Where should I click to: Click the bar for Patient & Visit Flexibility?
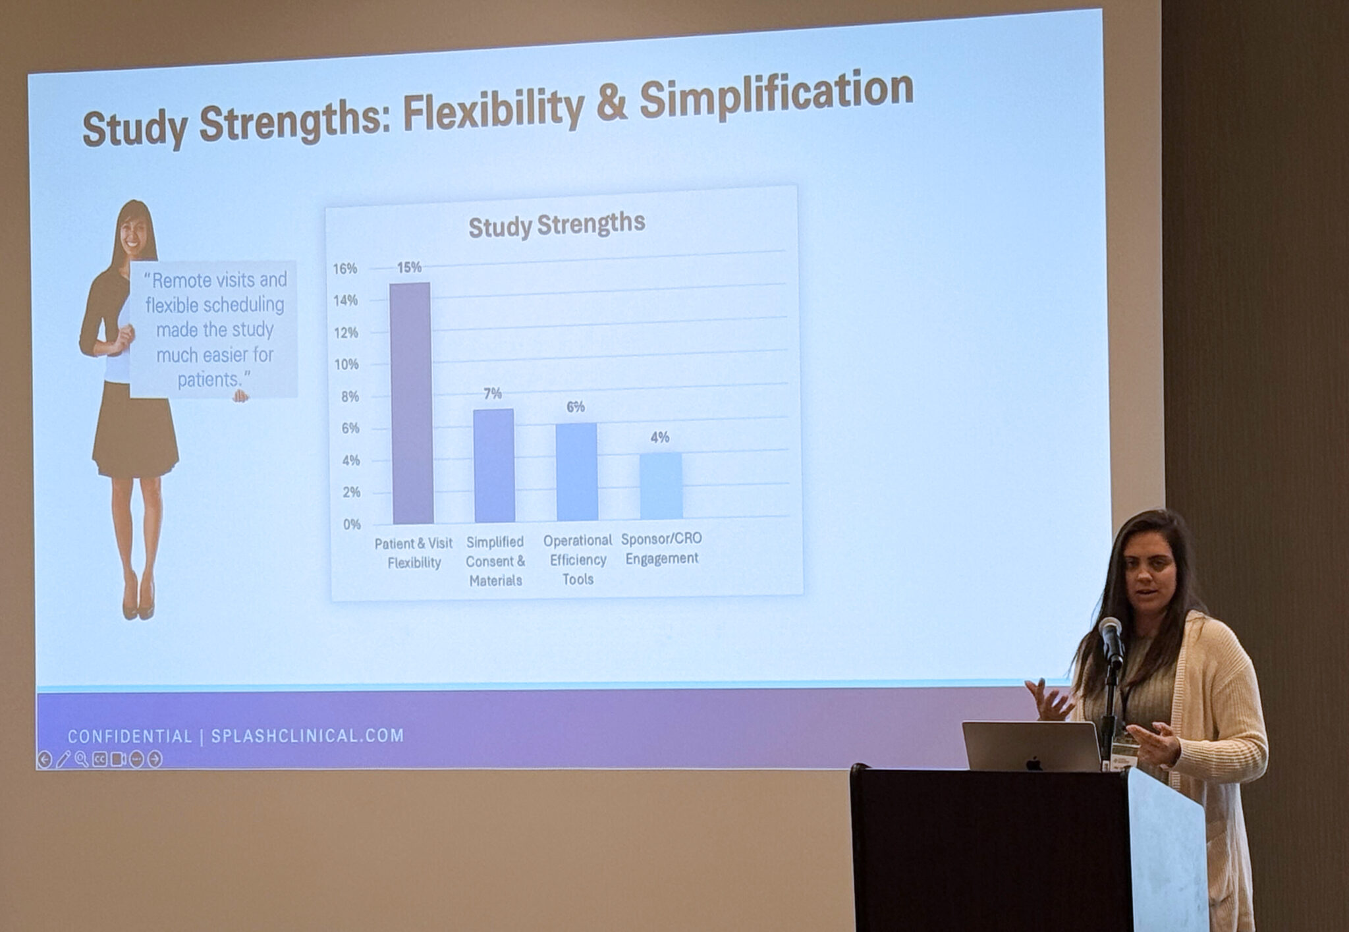[x=411, y=403]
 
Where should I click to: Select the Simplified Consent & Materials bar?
[x=494, y=466]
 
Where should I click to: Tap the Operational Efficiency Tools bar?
[x=577, y=472]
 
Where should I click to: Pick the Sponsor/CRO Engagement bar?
[x=661, y=486]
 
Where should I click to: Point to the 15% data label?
[x=409, y=267]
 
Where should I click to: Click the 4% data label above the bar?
[x=660, y=437]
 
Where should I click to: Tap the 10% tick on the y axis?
[x=346, y=364]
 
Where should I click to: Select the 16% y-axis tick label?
[x=344, y=268]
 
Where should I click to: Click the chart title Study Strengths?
[x=557, y=225]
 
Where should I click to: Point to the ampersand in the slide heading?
[x=612, y=104]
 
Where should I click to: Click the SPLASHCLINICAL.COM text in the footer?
[x=308, y=736]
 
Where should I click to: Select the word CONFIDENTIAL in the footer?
[x=130, y=736]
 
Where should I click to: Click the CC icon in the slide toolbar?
[x=99, y=759]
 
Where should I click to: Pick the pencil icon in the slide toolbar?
[x=63, y=759]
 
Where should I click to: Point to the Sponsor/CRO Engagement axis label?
[x=661, y=548]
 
